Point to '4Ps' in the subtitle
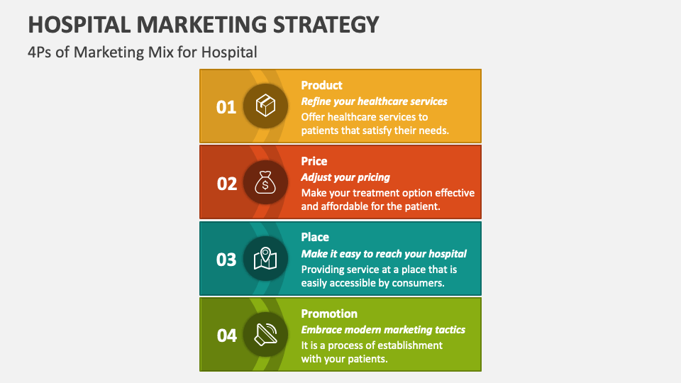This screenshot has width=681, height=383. (40, 52)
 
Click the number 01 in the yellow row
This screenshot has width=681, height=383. (226, 107)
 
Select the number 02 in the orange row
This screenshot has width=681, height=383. (226, 184)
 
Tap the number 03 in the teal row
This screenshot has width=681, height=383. (226, 260)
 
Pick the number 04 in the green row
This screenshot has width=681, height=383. (226, 335)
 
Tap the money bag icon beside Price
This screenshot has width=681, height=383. (265, 183)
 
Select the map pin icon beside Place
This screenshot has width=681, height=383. (265, 259)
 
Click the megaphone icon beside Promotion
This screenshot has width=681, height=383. (265, 335)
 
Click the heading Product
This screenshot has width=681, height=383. (321, 85)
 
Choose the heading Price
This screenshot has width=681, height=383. (314, 161)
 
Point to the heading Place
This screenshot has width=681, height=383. (315, 237)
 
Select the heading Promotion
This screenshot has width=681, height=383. (329, 313)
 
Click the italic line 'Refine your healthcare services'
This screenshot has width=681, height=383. (374, 101)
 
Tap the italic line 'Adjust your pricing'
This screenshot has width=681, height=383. (345, 177)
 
